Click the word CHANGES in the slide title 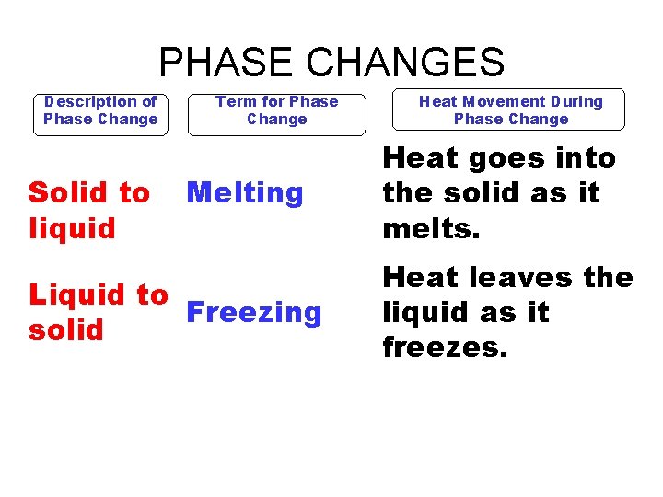(406, 63)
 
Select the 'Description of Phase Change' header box (100, 111)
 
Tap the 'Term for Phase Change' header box (276, 111)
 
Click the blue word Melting (244, 193)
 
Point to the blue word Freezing (254, 313)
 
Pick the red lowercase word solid (65, 329)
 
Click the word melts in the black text (431, 228)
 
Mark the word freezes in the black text (445, 348)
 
